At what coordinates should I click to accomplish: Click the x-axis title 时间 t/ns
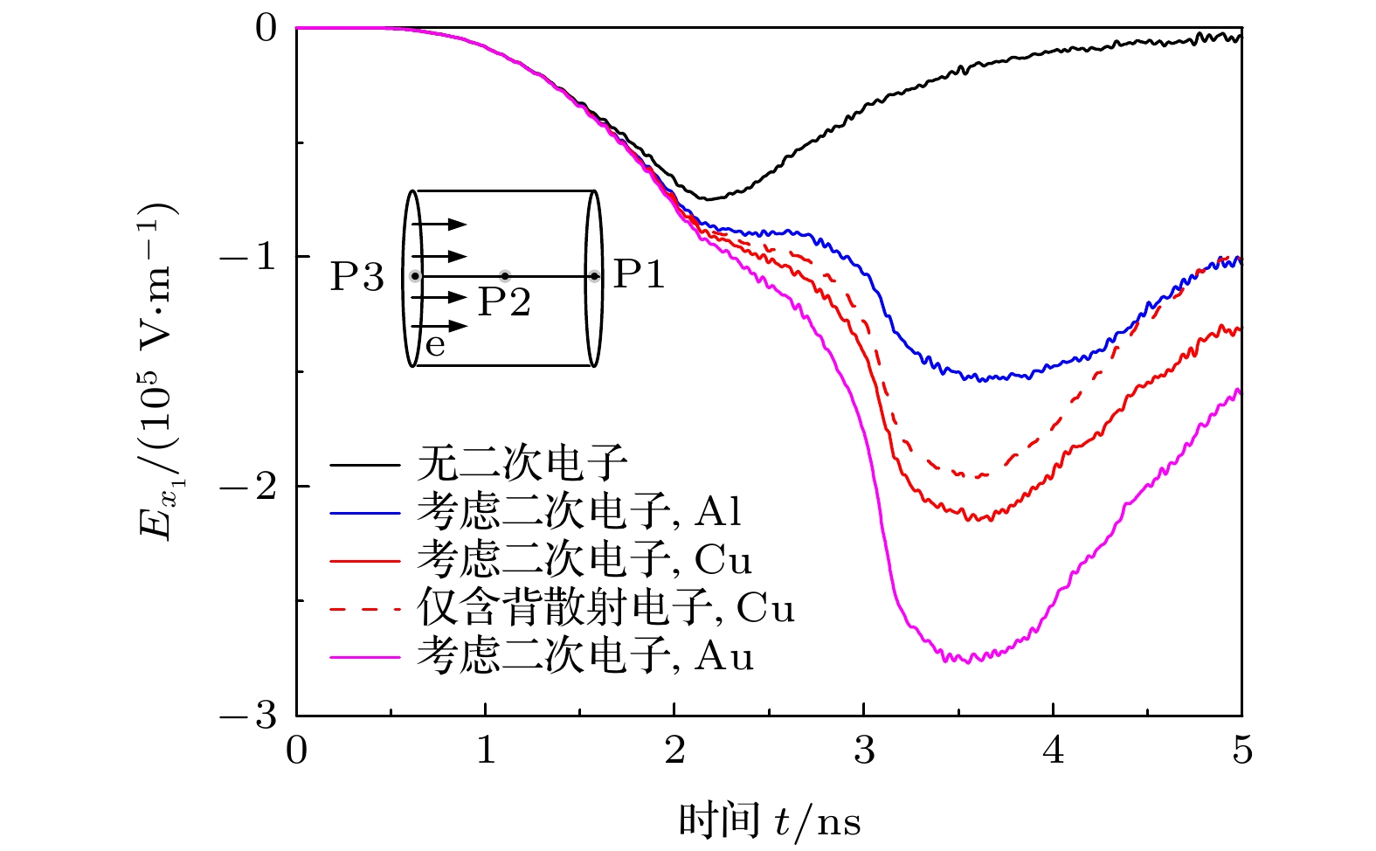769,821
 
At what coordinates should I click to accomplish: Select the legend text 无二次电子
522,462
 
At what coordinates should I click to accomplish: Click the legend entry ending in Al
579,511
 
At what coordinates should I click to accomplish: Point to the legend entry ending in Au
584,655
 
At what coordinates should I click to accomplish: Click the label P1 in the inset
639,274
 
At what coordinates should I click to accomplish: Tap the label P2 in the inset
504,302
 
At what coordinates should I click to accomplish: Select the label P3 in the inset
357,277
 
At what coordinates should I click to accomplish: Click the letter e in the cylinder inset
435,346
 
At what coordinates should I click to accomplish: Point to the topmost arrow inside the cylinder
441,225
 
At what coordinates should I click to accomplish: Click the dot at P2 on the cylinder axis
505,276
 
